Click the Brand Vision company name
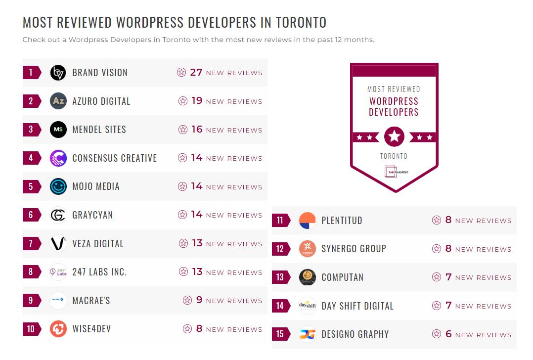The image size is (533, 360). tap(100, 73)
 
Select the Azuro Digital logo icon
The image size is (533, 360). tap(58, 101)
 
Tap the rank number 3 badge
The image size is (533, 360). tap(31, 130)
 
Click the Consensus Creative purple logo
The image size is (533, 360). tap(58, 158)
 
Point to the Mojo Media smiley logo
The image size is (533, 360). tap(58, 186)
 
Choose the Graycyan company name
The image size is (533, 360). tap(92, 215)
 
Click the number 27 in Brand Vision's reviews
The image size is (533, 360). tap(196, 72)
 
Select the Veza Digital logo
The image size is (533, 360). tap(58, 243)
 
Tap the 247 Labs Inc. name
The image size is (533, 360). tap(99, 272)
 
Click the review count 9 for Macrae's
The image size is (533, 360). tap(199, 300)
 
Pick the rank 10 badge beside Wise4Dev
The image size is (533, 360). tap(31, 329)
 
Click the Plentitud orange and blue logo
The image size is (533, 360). tap(308, 221)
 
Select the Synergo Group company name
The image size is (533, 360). tap(354, 249)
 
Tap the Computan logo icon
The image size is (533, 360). tap(308, 277)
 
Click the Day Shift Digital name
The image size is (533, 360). tap(357, 306)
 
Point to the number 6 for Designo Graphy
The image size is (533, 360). tap(448, 334)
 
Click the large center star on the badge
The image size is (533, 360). tap(394, 136)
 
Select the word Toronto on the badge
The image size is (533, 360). tap(394, 156)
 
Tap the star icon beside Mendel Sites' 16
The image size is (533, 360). tap(183, 130)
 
